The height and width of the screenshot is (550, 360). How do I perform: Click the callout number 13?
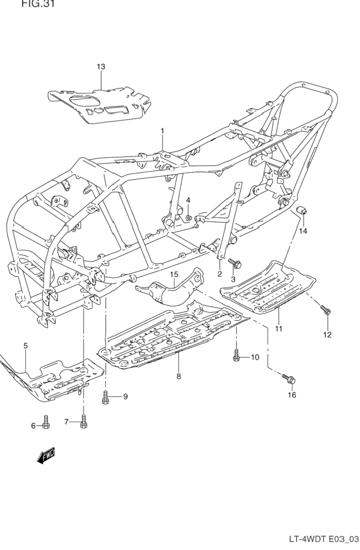(101, 67)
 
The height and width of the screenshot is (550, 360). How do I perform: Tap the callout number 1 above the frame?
(162, 131)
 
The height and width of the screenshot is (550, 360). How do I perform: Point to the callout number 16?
(292, 395)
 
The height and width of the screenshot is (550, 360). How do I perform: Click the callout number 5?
(26, 346)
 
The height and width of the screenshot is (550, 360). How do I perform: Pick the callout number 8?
(178, 377)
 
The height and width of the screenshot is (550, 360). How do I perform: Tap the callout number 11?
(279, 328)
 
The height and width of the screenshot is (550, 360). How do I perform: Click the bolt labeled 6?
(46, 422)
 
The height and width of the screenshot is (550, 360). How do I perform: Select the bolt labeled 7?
(84, 422)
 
